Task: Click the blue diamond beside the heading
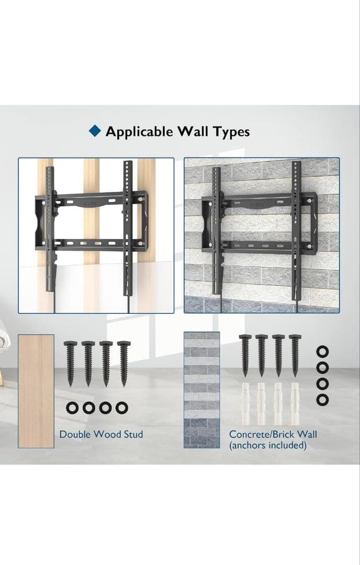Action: pyautogui.click(x=95, y=131)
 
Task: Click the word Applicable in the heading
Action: pyautogui.click(x=139, y=132)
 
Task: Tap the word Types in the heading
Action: pyautogui.click(x=231, y=132)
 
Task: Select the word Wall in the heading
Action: pyautogui.click(x=193, y=131)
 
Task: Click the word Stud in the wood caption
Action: pyautogui.click(x=133, y=434)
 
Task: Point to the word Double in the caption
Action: pyautogui.click(x=75, y=434)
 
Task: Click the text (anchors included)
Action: pyautogui.click(x=268, y=445)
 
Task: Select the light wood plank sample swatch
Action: pyautogui.click(x=36, y=391)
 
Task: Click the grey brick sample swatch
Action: pyautogui.click(x=202, y=390)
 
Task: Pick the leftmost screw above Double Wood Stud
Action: pyautogui.click(x=70, y=364)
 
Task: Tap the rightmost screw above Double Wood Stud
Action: pyautogui.click(x=124, y=364)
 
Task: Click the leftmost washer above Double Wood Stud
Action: pyautogui.click(x=72, y=408)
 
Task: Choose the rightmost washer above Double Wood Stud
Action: pyautogui.click(x=122, y=408)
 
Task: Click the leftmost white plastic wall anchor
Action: pyautogui.click(x=245, y=403)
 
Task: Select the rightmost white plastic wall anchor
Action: pyautogui.click(x=295, y=403)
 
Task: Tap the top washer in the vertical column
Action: pyautogui.click(x=322, y=352)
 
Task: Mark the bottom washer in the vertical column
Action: pyautogui.click(x=322, y=399)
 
